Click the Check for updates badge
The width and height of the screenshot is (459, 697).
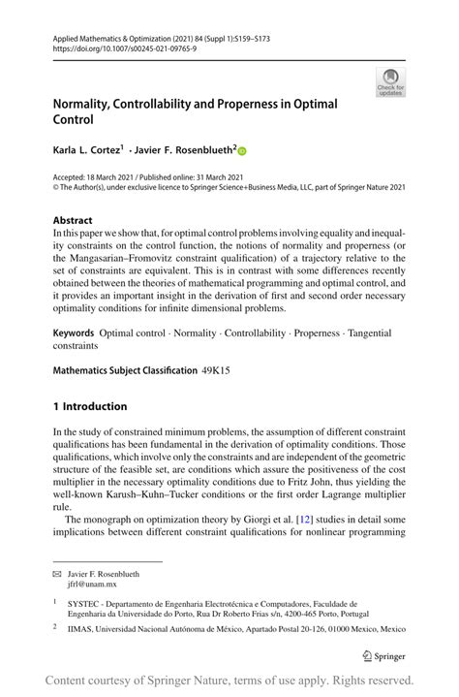point(389,81)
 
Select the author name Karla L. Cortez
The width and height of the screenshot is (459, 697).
point(86,150)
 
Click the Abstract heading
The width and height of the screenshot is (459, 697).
point(73,220)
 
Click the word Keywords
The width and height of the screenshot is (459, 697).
point(74,333)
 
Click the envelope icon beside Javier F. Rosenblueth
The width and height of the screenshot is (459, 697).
point(57,573)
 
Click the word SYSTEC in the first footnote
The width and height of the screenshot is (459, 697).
point(85,602)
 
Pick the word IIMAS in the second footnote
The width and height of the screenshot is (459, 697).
point(80,628)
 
